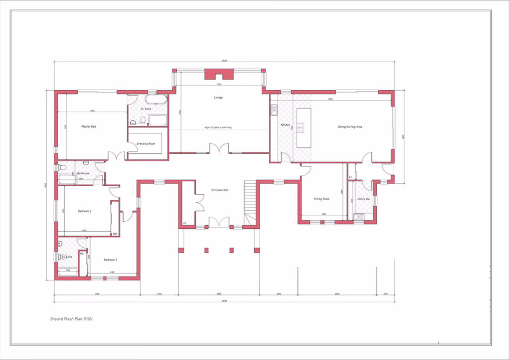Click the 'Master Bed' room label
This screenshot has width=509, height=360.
pos(89,126)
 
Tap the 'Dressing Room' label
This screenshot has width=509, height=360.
pos(146,144)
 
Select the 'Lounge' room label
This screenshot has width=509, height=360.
pos(218,98)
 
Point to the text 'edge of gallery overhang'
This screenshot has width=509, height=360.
pos(218,127)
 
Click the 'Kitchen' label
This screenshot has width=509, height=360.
pos(285,125)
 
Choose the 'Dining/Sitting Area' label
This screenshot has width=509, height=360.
pos(350,126)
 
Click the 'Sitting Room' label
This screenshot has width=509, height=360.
pos(322,199)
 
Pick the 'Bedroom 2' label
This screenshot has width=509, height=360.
pos(85,211)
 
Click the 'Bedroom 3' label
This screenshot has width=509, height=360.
pos(111,260)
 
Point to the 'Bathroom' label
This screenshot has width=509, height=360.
pos(83,173)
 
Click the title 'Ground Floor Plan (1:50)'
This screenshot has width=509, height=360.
pos(72,319)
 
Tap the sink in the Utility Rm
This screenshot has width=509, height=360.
pos(358,218)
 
